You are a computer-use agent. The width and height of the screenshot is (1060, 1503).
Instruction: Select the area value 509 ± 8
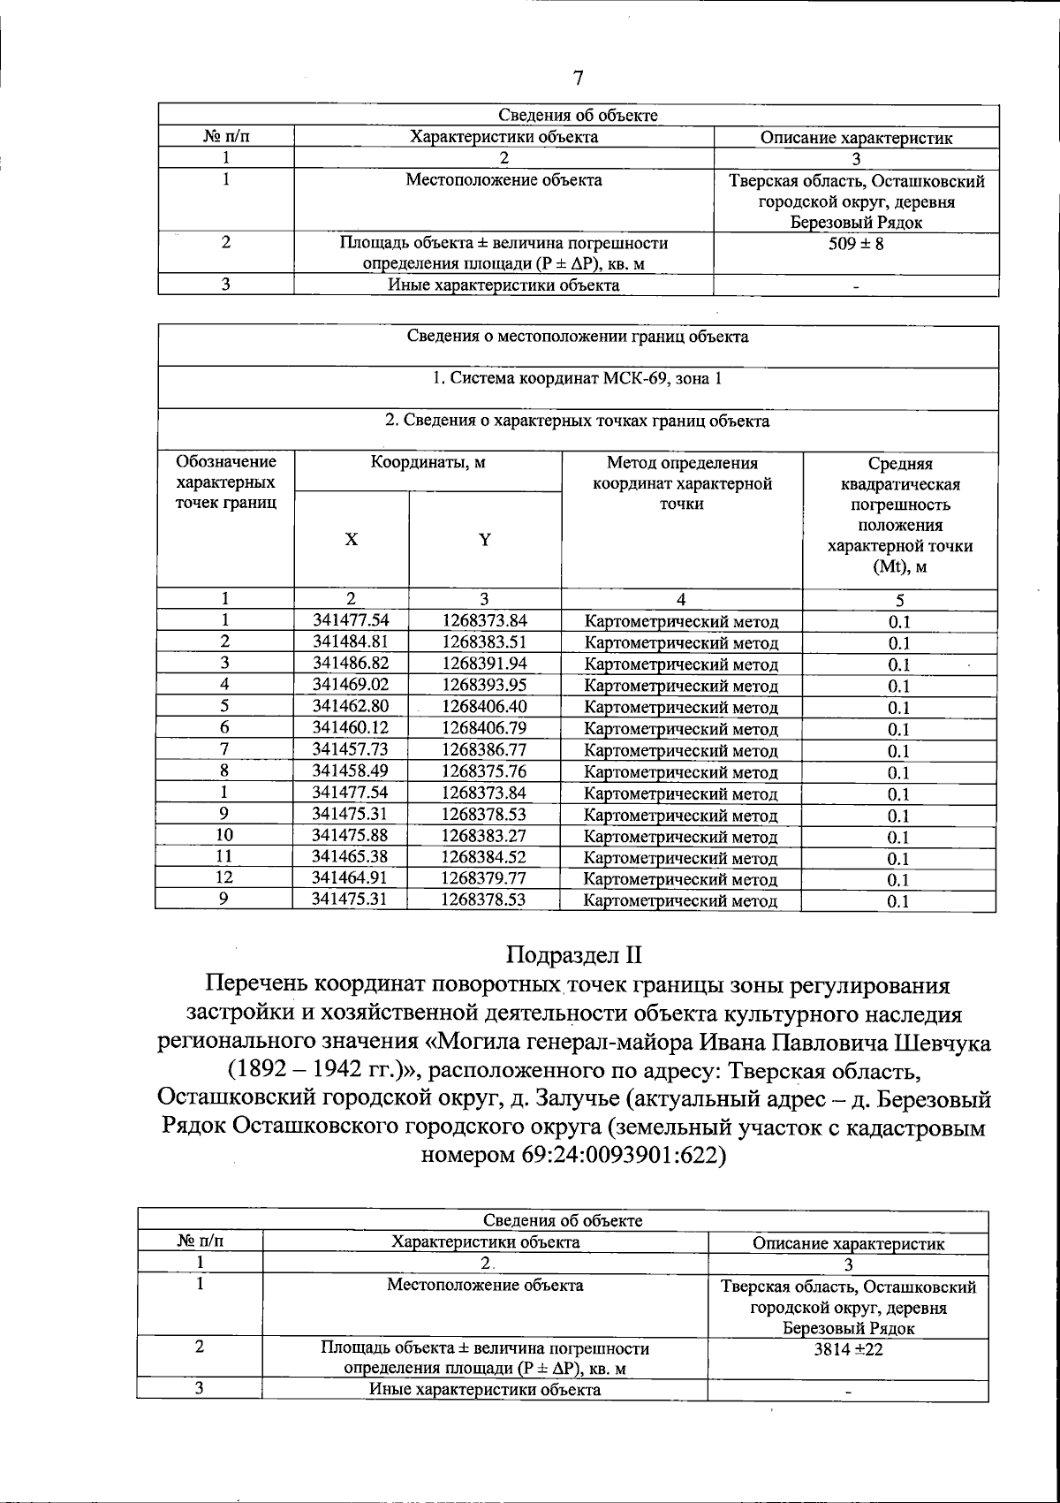pos(856,243)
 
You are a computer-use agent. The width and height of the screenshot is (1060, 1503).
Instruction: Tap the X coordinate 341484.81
pos(351,641)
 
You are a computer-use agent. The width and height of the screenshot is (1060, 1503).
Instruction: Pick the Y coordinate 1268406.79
pos(485,727)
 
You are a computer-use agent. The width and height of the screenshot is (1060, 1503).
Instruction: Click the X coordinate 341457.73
pos(351,749)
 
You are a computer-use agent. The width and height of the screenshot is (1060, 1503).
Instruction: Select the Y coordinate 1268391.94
pos(485,663)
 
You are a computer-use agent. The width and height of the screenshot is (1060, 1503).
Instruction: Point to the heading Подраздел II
pos(573,955)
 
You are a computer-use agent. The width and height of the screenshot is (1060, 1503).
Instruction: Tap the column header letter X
pos(352,540)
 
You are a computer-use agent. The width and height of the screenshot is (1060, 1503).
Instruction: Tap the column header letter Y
pos(485,540)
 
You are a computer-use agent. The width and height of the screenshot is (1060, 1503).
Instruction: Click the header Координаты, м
pos(428,462)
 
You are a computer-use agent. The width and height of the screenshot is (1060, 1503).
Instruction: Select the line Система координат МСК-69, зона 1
pos(577,378)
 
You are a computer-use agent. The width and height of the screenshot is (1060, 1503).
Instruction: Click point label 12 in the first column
pos(224,877)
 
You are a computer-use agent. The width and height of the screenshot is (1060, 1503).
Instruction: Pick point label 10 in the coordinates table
pos(224,834)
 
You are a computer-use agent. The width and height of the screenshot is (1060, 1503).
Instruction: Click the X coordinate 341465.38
pos(351,856)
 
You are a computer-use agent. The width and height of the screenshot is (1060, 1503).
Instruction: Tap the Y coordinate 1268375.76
pos(485,770)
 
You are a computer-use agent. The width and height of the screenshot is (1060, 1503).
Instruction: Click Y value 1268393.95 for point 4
pos(485,684)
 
